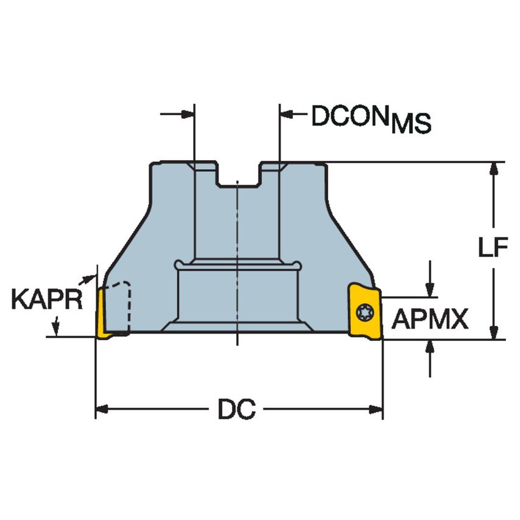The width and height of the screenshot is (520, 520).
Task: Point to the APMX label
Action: pyautogui.click(x=429, y=318)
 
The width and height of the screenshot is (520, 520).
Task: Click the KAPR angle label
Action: pyautogui.click(x=46, y=300)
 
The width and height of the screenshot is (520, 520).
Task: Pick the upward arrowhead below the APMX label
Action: pyautogui.click(x=430, y=346)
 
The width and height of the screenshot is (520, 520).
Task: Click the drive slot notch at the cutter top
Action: pyautogui.click(x=237, y=174)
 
